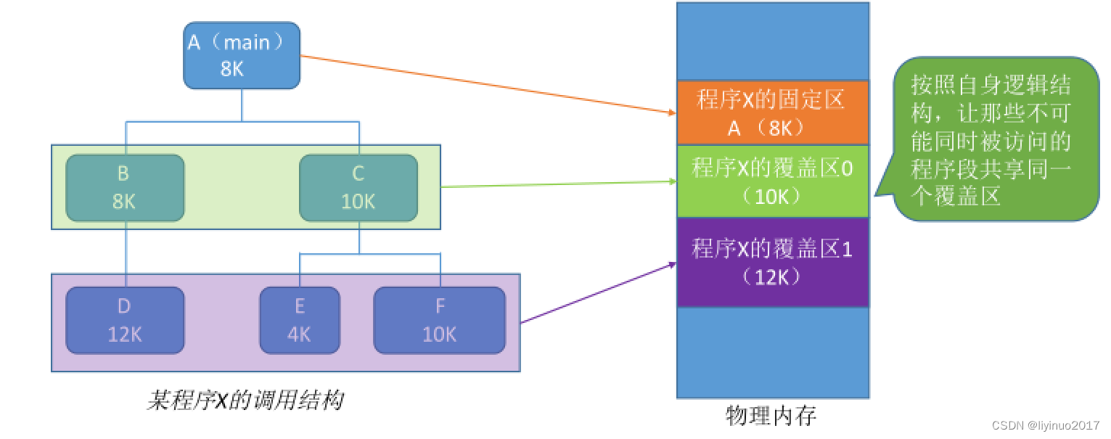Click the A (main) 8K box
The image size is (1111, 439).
pyautogui.click(x=242, y=56)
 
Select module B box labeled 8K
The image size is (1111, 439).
pyautogui.click(x=125, y=188)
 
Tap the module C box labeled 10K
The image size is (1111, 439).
pyautogui.click(x=358, y=188)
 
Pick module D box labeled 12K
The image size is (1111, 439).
pyautogui.click(x=125, y=320)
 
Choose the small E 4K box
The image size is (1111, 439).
pyautogui.click(x=300, y=320)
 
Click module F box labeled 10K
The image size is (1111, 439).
pyautogui.click(x=439, y=320)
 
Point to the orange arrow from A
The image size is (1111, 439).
pyautogui.click(x=486, y=84)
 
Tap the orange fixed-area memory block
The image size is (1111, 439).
pyautogui.click(x=772, y=112)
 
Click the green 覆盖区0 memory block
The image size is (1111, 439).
pyautogui.click(x=772, y=181)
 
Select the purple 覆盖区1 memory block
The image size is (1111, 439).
pyautogui.click(x=772, y=261)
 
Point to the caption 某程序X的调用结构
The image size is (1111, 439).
pyautogui.click(x=245, y=401)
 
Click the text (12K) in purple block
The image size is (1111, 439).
pyautogui.click(x=772, y=276)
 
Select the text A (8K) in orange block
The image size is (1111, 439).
pyautogui.click(x=772, y=128)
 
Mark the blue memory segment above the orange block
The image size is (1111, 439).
pyautogui.click(x=772, y=41)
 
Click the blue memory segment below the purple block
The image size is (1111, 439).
pyautogui.click(x=772, y=352)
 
